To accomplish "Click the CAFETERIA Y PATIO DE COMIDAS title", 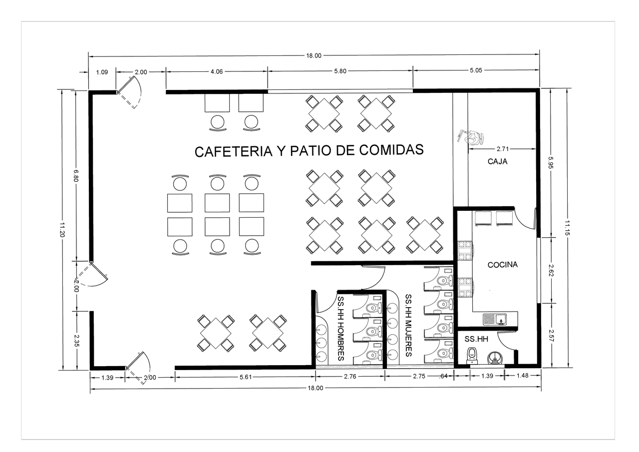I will [x=309, y=150].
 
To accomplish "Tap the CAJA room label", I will [x=497, y=161].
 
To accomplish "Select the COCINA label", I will [x=502, y=265].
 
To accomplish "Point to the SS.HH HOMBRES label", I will [x=341, y=329].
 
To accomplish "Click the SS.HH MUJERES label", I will [x=408, y=325].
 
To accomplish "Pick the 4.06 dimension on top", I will [x=216, y=71].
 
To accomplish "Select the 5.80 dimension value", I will [x=340, y=71].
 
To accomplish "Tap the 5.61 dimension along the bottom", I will [x=245, y=377].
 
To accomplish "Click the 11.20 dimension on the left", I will [x=62, y=230].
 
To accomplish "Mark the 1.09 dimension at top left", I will [x=102, y=72].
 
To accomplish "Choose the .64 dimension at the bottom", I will [x=443, y=377].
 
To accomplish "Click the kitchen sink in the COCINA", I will [x=494, y=319].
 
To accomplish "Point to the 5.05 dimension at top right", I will [x=476, y=70].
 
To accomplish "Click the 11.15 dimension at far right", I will [x=568, y=227].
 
